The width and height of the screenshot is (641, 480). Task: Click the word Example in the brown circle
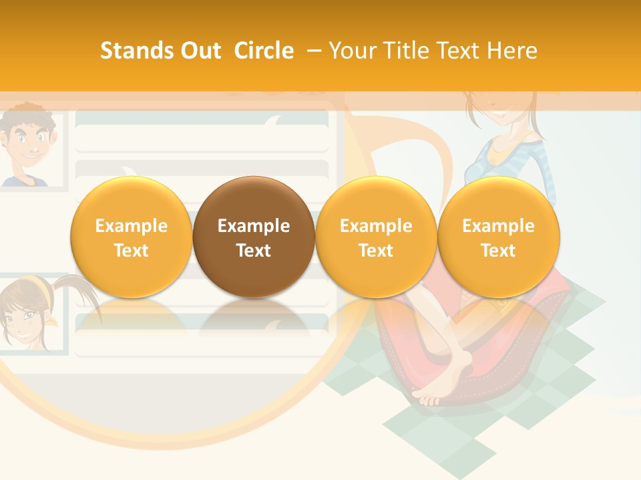point(254,226)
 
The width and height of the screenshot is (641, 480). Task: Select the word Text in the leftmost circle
point(131,251)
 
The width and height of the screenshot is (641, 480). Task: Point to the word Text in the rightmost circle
point(498,251)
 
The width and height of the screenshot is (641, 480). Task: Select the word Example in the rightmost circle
point(498,226)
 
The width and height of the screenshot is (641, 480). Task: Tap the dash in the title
point(314,51)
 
